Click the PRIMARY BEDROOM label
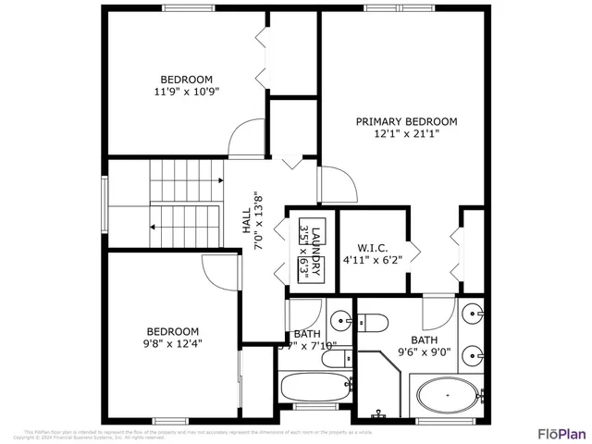[407, 121]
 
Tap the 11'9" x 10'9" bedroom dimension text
[186, 92]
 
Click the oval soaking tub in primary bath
[447, 396]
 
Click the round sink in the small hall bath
[340, 320]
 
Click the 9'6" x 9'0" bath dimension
[424, 351]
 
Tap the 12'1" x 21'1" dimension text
[407, 133]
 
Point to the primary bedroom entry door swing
[339, 185]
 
